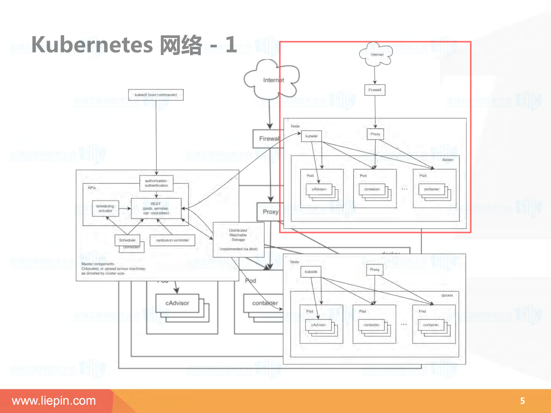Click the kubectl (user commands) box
pos(156,95)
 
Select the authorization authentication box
pos(156,183)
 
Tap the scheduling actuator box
pos(105,208)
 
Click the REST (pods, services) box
pos(156,208)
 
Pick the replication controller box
pos(172,240)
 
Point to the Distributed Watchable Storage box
pos(238,239)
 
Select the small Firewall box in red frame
pos(375,90)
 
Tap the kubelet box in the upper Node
pos(311,136)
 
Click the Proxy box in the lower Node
pos(374,269)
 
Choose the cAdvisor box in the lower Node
pos(318,325)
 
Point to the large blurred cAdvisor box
pos(177,303)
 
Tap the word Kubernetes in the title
pos(92,45)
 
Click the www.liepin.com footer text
pos(54,401)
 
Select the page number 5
pos(522,401)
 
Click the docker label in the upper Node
pos(447,160)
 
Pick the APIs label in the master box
pos(92,188)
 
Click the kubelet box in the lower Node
pos(311,272)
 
